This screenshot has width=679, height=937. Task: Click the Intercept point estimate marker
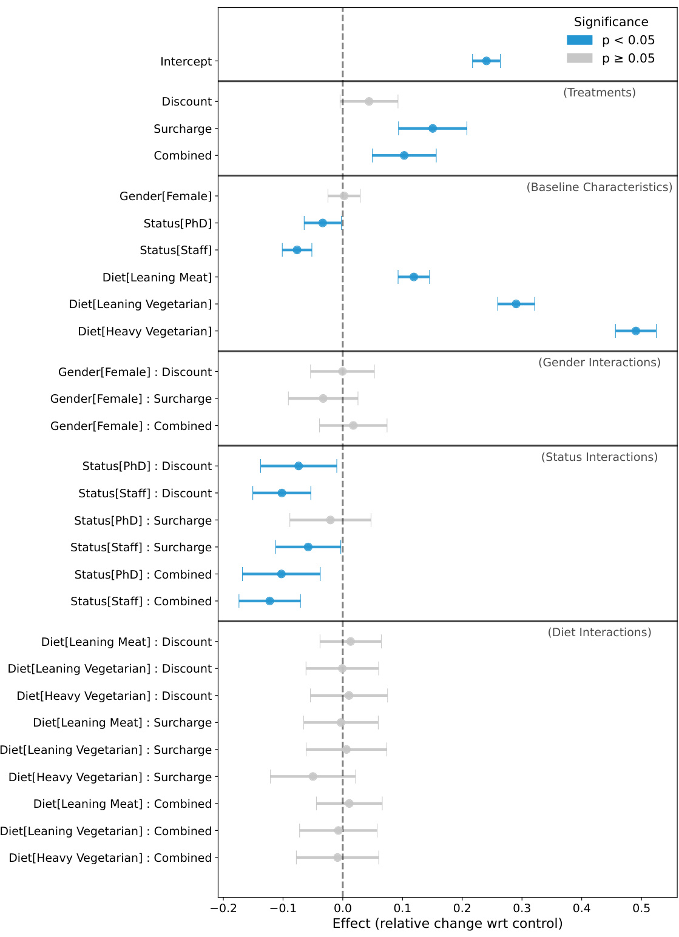click(x=486, y=61)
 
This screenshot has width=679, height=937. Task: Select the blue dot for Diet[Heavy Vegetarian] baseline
click(x=635, y=331)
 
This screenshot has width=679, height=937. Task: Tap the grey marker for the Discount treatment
click(x=369, y=101)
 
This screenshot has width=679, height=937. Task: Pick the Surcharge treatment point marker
click(x=433, y=129)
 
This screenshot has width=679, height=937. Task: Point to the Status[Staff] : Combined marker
click(x=269, y=601)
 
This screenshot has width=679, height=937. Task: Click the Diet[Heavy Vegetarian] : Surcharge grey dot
click(x=312, y=777)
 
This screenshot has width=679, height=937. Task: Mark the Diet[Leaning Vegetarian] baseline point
click(x=516, y=304)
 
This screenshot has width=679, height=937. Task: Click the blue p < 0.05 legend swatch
click(x=579, y=40)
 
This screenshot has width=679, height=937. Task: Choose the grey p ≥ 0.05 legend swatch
click(x=579, y=58)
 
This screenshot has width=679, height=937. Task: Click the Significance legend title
click(x=610, y=22)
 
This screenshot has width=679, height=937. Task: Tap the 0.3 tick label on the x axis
click(x=522, y=908)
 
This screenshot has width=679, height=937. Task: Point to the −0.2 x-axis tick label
click(x=223, y=908)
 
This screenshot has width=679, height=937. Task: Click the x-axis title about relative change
click(x=447, y=924)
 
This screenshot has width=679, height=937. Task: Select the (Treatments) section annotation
click(x=599, y=92)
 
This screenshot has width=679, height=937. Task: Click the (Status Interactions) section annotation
click(x=599, y=457)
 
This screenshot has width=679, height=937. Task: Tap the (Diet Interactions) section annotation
click(x=599, y=632)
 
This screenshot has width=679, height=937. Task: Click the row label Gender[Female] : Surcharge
click(x=131, y=399)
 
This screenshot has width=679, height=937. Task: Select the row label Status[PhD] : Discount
click(x=147, y=466)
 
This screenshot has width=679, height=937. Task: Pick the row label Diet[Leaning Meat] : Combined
click(x=123, y=804)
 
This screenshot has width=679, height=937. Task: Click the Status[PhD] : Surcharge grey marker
click(x=330, y=520)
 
